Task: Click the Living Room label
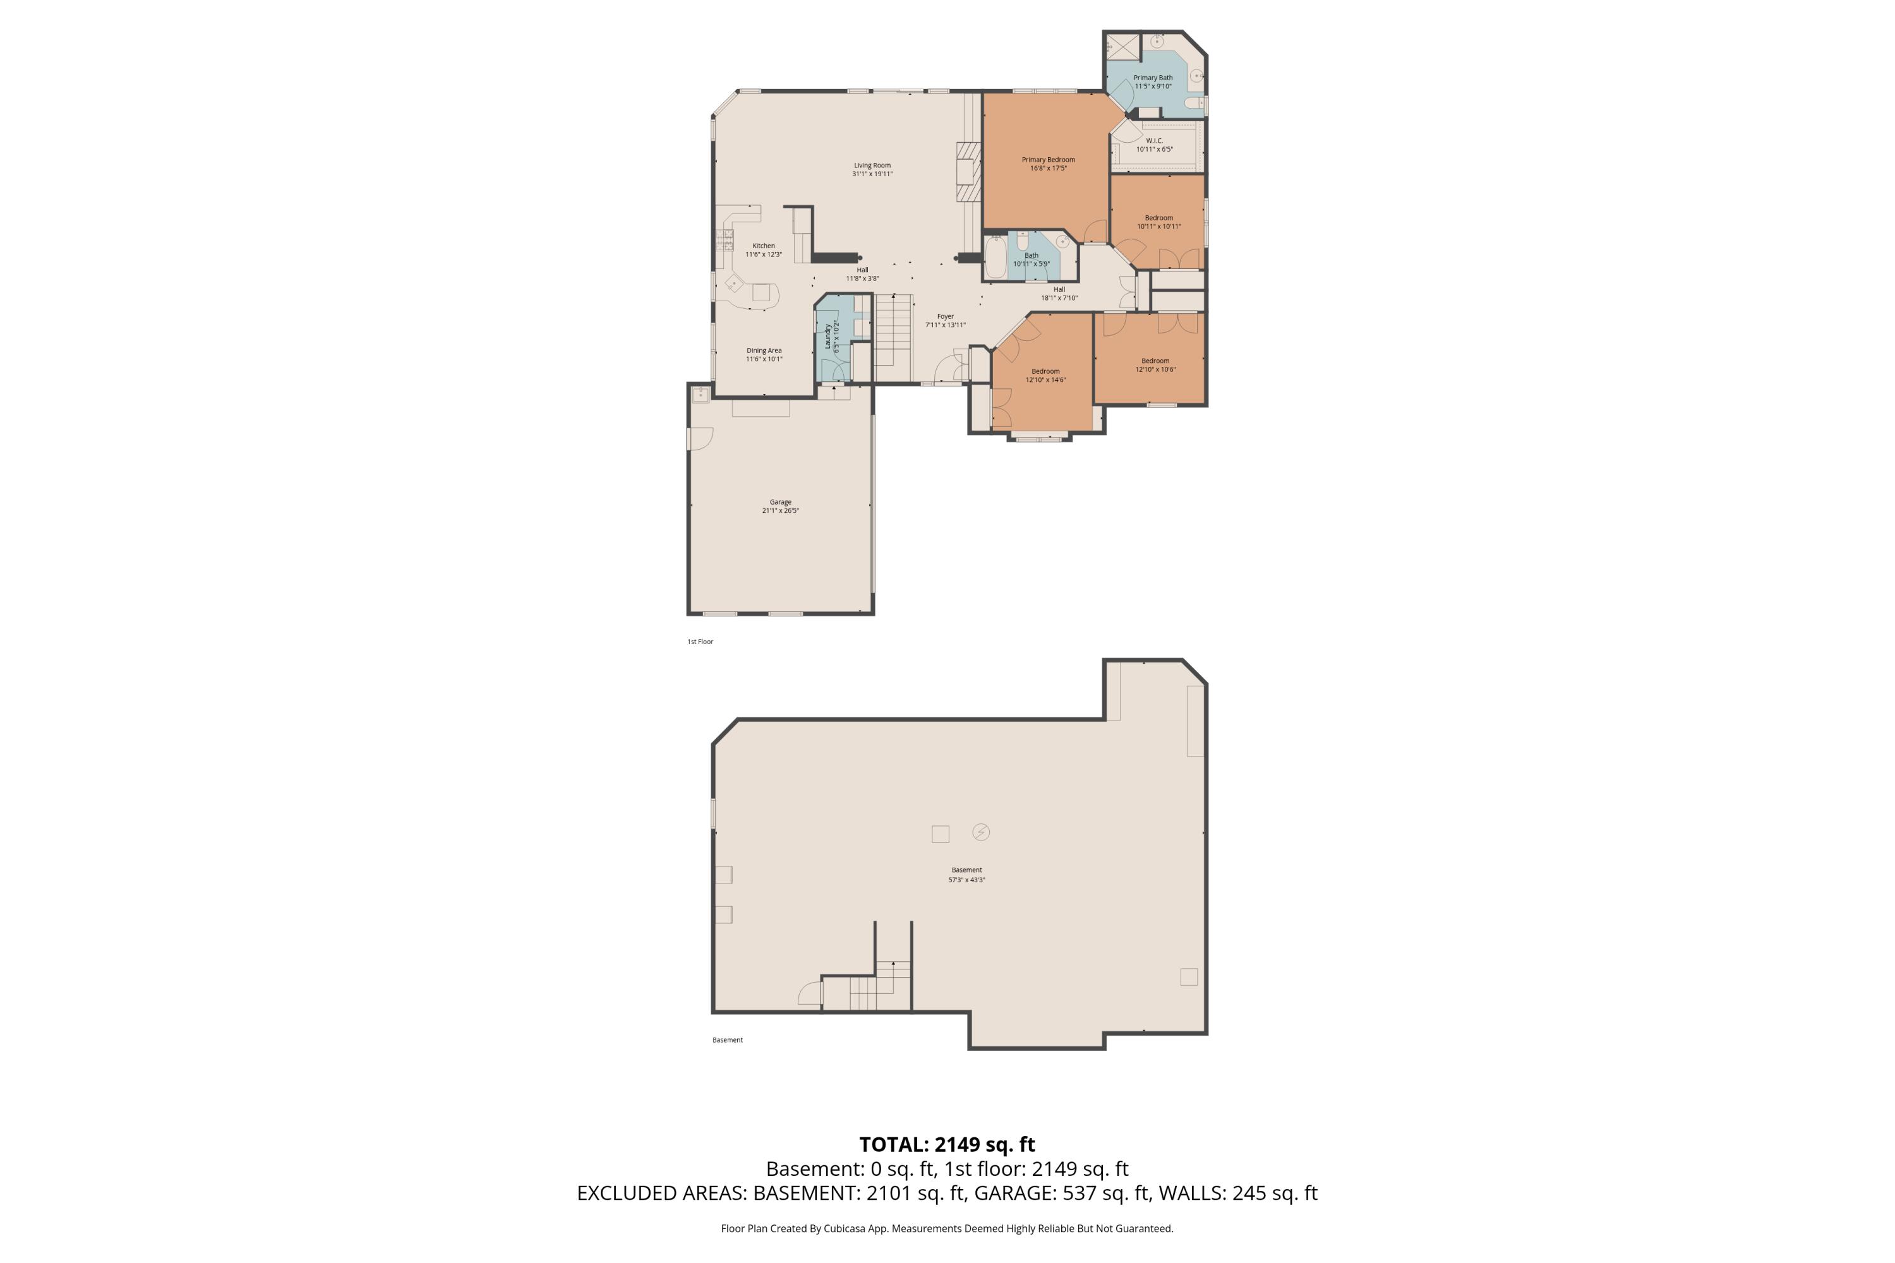(872, 165)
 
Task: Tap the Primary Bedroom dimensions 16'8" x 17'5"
(1047, 169)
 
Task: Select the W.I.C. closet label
(1154, 141)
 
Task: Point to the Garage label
(780, 502)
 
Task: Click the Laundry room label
(827, 337)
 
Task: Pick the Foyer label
(945, 316)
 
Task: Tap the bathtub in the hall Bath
(995, 257)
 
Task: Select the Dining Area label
(764, 350)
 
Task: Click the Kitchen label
(764, 246)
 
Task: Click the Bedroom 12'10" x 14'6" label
(1045, 371)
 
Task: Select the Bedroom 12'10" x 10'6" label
(1155, 361)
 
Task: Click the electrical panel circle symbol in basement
(980, 832)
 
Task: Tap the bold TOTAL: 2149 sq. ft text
(947, 1144)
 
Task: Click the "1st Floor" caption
(699, 642)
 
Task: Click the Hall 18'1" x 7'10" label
(1059, 289)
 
